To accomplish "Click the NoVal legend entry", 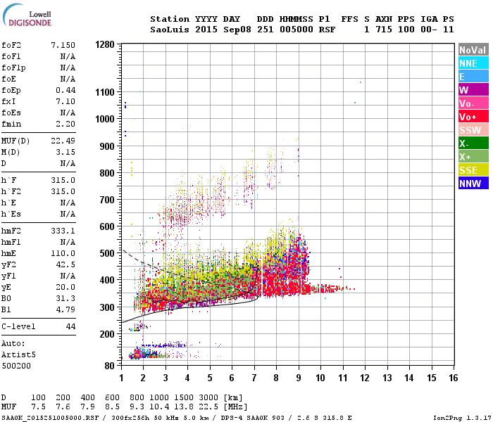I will pos(471,50).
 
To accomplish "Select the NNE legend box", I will pos(471,63).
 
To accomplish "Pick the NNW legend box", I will pos(471,184).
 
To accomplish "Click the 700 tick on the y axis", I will pos(107,200).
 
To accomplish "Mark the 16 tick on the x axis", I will pos(453,378).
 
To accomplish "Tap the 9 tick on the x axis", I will pos(299,378).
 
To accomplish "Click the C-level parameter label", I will pos(19,326).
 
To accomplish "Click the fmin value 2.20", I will pos(65,124).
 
